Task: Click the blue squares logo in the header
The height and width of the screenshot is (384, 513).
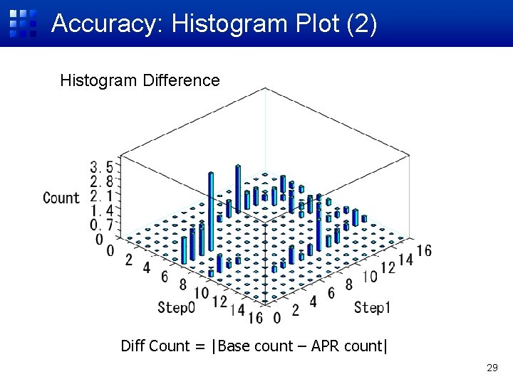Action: pyautogui.click(x=23, y=23)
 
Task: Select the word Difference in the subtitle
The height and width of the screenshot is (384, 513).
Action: pyautogui.click(x=182, y=80)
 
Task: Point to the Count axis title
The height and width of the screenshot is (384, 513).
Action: pyautogui.click(x=61, y=198)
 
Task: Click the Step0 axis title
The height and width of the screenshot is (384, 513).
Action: pyautogui.click(x=176, y=307)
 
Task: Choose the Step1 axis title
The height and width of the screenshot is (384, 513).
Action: pyautogui.click(x=372, y=307)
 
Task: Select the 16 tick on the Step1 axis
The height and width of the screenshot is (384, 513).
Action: pyautogui.click(x=423, y=250)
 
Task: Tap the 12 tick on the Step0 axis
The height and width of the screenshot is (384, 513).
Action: pyautogui.click(x=219, y=302)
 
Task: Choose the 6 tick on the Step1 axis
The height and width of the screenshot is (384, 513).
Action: pyautogui.click(x=331, y=294)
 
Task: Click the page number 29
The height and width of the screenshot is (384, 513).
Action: pyautogui.click(x=491, y=368)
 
